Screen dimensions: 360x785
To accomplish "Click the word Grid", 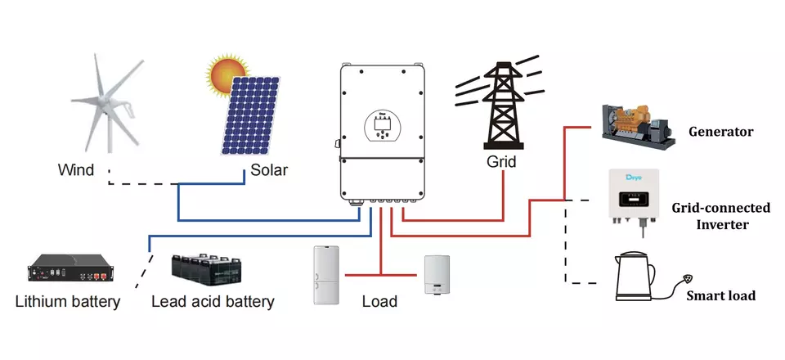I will click(501, 162).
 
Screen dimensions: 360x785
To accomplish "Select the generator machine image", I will click(638, 126).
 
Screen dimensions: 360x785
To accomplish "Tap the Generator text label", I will click(720, 132).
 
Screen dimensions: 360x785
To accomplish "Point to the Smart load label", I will click(720, 295).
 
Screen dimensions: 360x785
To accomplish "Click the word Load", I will click(379, 302).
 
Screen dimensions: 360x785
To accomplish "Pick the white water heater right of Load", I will click(436, 275).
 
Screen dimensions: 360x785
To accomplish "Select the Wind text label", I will click(75, 171).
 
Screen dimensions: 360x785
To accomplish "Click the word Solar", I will click(269, 171).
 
